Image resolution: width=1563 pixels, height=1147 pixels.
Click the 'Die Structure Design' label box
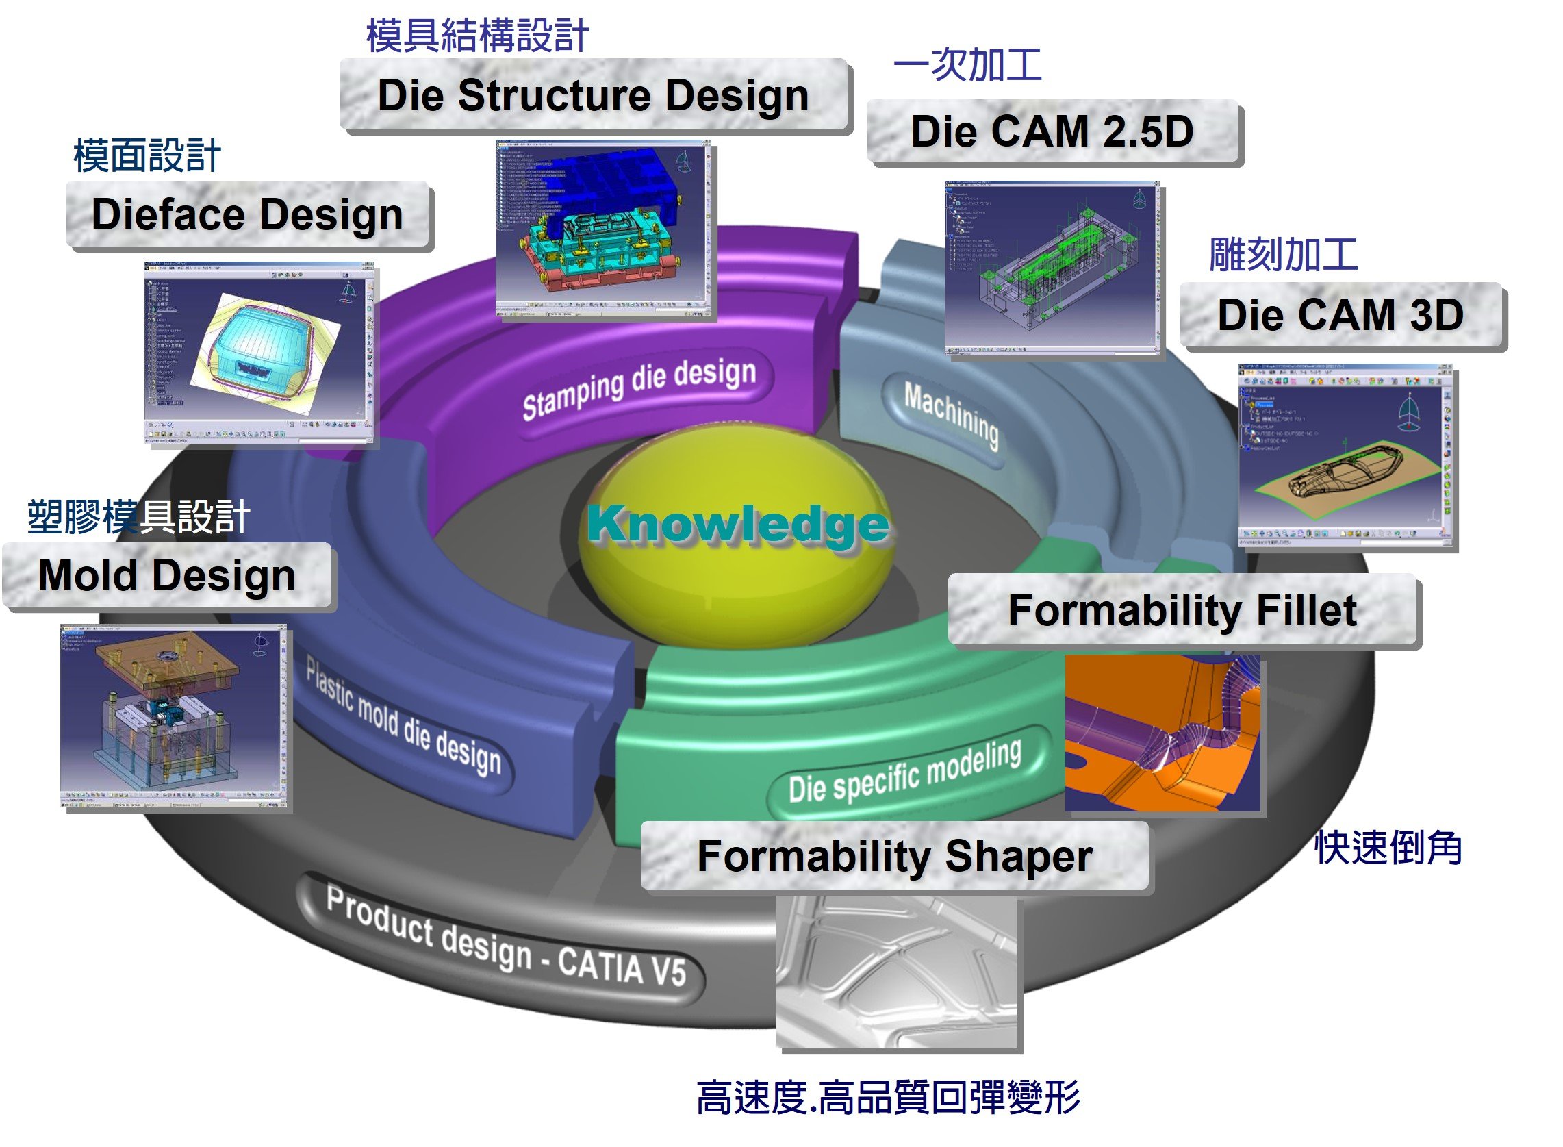pos(594,95)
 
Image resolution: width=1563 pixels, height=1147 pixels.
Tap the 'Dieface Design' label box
pos(248,214)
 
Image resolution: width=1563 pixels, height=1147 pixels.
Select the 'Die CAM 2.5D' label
pos(1052,132)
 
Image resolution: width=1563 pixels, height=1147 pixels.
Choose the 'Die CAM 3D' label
pos(1340,315)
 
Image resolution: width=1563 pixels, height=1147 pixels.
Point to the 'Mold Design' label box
pos(167,577)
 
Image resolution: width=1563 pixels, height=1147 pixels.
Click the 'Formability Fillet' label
pos(1182,611)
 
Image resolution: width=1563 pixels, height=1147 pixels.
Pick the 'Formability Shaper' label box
pos(894,856)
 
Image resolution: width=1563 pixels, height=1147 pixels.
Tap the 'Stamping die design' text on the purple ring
pos(639,389)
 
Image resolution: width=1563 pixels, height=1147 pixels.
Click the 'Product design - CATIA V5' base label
pos(506,937)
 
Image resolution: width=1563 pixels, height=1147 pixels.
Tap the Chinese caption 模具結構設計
pos(477,36)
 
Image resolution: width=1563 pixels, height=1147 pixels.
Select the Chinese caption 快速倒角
pos(1388,848)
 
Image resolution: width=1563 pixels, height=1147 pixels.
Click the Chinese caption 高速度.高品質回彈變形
pos(888,1098)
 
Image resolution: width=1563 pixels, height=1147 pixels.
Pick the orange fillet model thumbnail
pos(1162,733)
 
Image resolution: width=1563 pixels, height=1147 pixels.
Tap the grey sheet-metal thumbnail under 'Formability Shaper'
pos(897,972)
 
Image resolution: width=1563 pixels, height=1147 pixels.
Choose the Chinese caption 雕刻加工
pos(1283,255)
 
